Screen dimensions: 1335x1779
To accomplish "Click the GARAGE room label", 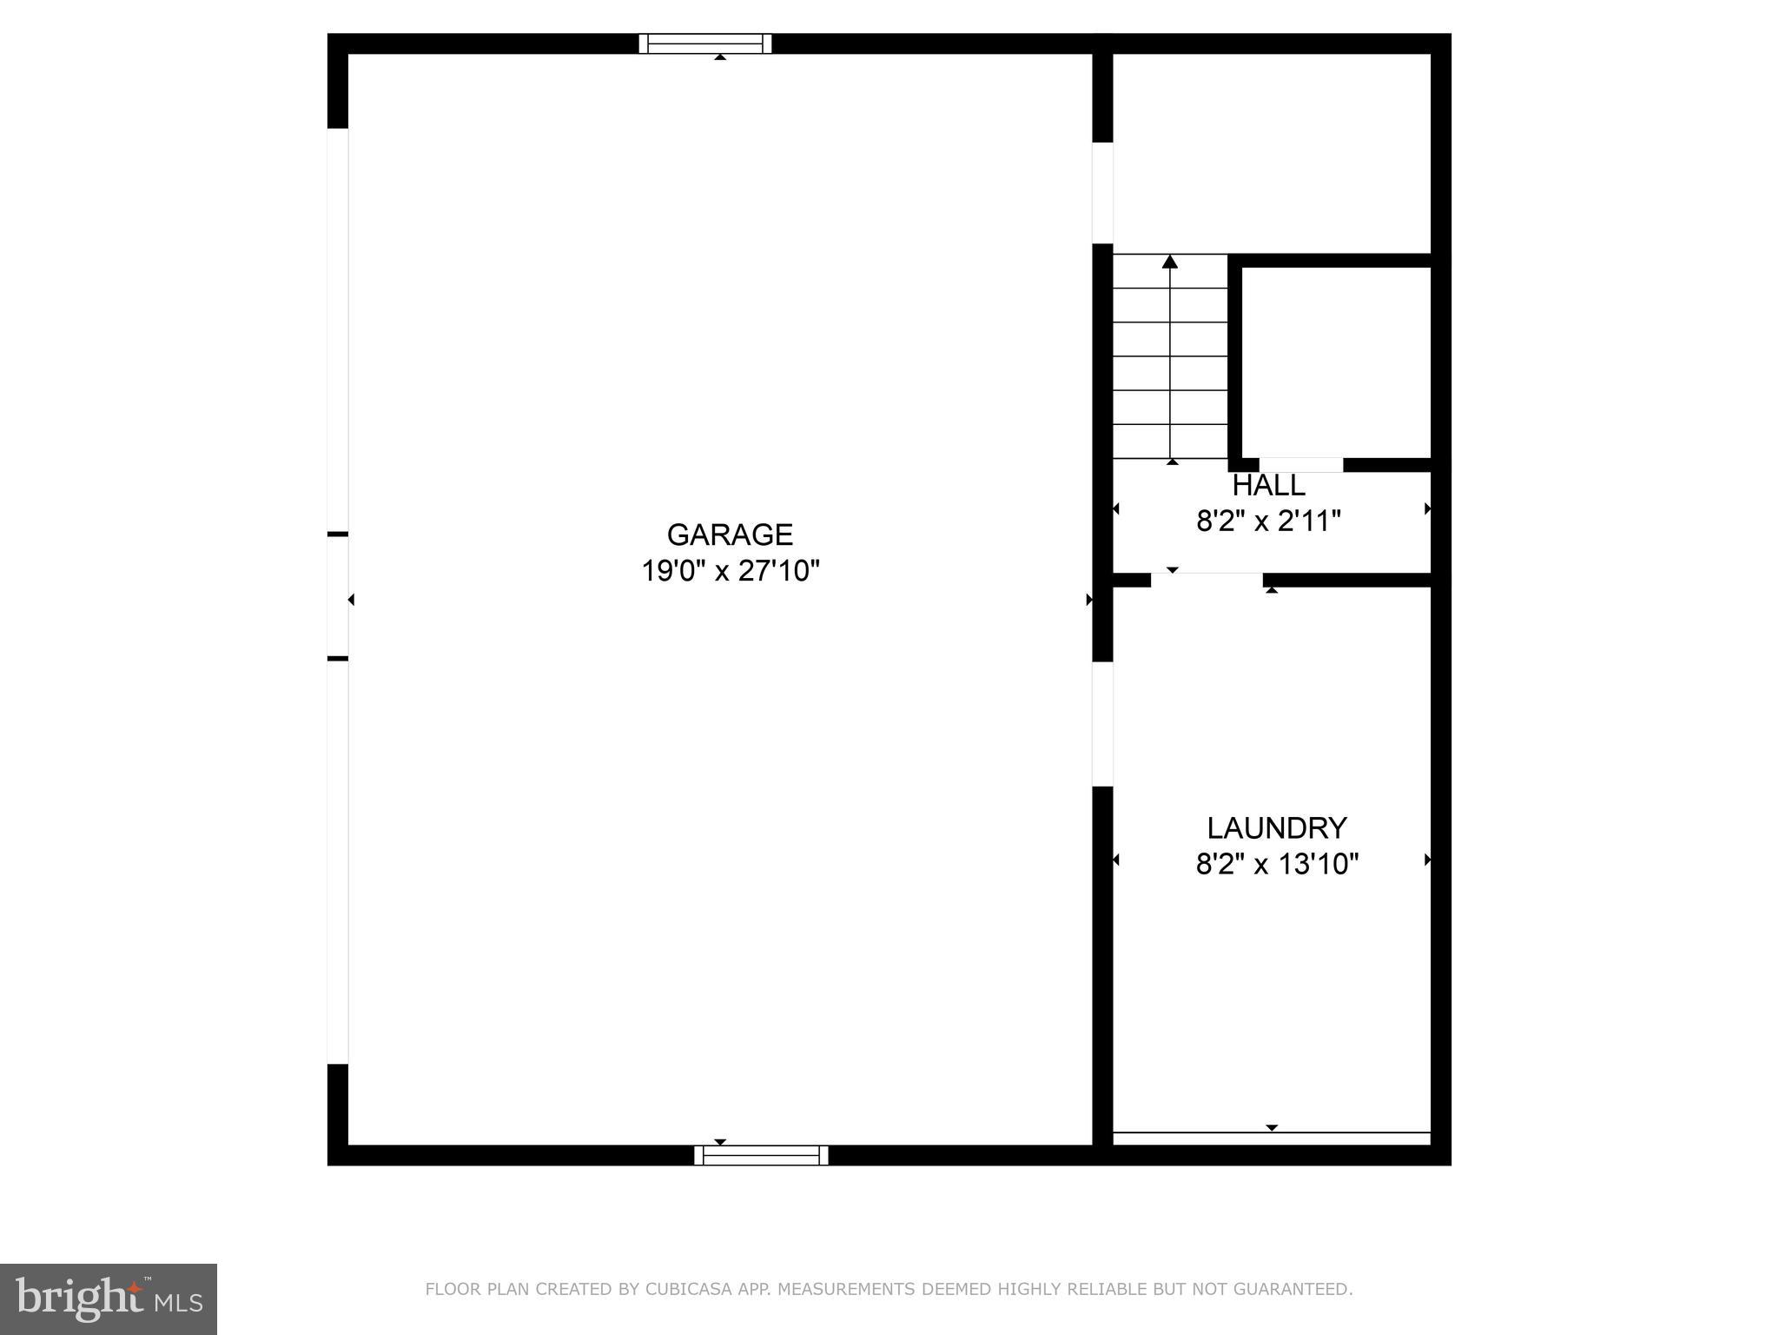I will point(730,534).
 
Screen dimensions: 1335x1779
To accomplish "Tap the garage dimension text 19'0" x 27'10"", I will point(731,571).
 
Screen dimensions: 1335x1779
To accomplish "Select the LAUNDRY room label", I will point(1276,827).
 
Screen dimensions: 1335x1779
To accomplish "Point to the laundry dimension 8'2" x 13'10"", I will point(1277,864).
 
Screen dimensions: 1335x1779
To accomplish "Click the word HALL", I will point(1268,485).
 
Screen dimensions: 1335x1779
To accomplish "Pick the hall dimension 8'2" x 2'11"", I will point(1268,521).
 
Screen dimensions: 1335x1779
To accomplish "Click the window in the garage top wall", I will point(705,43).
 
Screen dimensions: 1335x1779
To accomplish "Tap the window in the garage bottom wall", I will point(761,1155).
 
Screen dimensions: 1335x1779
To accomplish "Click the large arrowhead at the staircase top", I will point(1170,262).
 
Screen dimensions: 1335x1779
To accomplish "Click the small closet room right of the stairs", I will point(1335,361).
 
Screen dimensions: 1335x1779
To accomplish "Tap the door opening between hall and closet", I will point(1300,465).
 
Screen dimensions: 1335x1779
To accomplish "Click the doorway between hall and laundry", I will point(1207,580).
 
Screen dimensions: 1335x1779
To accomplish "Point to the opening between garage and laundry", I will point(1102,724).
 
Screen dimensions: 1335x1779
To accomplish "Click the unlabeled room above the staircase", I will point(1271,153).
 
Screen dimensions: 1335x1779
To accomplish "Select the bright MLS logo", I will point(109,1299).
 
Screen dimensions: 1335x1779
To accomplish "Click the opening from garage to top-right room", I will point(1102,193).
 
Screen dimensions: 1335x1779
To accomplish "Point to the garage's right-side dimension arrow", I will point(1089,600).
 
